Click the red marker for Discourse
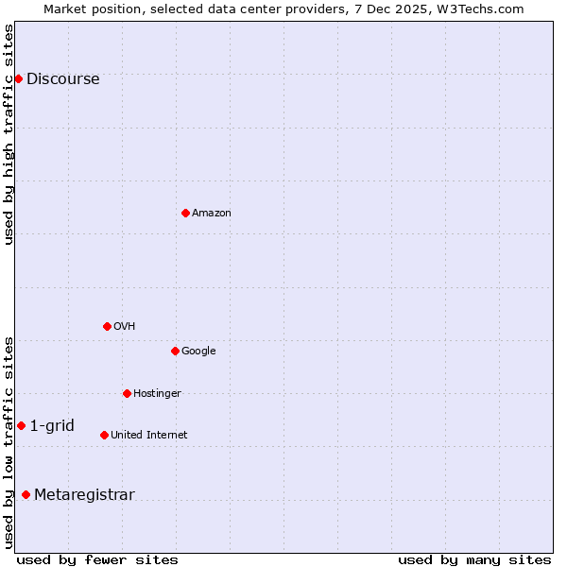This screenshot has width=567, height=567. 18,78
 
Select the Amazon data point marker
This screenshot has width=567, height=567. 185,213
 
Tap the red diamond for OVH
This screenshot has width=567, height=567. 107,326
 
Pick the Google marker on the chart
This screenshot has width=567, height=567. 175,351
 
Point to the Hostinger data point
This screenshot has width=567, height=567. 127,393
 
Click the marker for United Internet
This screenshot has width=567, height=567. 104,435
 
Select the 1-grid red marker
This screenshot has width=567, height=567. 21,425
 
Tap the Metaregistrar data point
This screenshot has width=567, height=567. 26,494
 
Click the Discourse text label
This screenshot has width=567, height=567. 63,79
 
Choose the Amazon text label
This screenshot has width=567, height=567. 212,214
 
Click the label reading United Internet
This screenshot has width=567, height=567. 149,436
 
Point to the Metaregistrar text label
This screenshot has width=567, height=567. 84,495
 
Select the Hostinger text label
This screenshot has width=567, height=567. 157,394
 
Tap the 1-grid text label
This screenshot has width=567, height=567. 52,426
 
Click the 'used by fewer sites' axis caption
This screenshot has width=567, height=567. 97,559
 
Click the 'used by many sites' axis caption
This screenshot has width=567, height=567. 474,559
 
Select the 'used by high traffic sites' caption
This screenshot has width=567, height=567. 9,134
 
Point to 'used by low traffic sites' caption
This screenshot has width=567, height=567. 9,441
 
